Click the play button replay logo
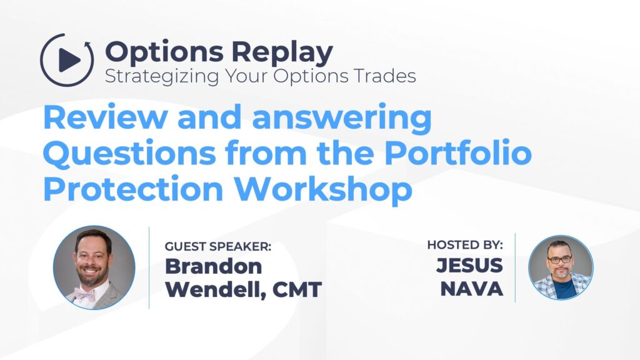pyautogui.click(x=67, y=60)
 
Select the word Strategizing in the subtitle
pyautogui.click(x=156, y=77)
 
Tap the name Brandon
pyautogui.click(x=213, y=266)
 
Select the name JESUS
pyautogui.click(x=469, y=266)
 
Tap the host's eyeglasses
pyautogui.click(x=560, y=259)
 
